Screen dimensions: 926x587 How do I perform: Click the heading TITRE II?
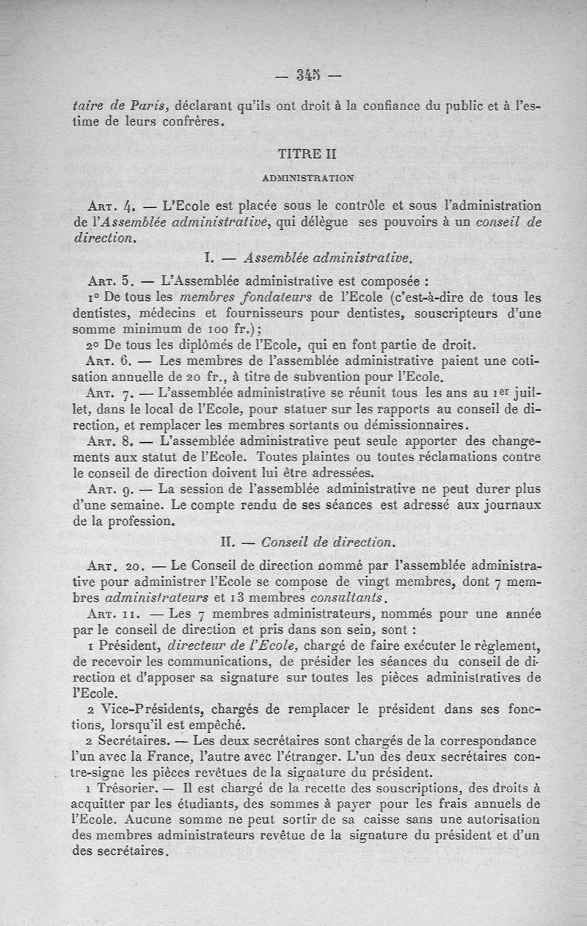[x=306, y=155]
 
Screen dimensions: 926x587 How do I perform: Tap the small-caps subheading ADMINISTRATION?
[x=307, y=177]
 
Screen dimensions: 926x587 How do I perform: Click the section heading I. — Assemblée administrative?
[x=307, y=258]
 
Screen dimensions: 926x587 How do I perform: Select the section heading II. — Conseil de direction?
[x=307, y=542]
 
